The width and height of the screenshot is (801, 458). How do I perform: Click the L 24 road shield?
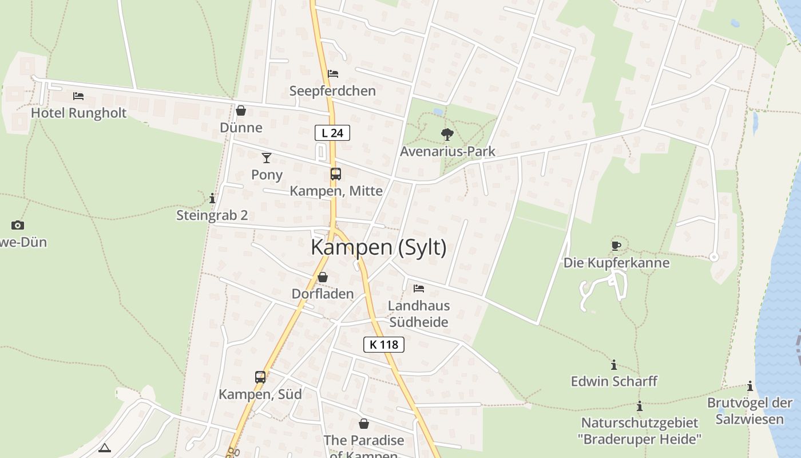[332, 133]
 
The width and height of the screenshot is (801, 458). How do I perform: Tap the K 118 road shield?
[384, 345]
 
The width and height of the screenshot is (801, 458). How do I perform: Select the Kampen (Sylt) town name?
[378, 247]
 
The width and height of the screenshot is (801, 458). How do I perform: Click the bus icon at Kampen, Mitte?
[336, 174]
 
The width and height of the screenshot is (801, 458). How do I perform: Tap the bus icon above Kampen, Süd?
[260, 377]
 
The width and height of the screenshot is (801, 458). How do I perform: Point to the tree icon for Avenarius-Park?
[447, 135]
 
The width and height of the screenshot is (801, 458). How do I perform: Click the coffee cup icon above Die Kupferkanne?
[616, 246]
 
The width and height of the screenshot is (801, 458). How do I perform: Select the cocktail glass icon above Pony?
[267, 157]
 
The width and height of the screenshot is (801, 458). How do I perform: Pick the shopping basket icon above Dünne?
[241, 110]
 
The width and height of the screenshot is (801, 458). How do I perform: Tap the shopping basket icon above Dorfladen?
[323, 277]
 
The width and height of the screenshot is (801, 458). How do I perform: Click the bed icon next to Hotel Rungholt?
[78, 96]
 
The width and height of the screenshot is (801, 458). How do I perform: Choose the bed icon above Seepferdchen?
[333, 74]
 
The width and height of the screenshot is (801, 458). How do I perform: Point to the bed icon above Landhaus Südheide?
[419, 289]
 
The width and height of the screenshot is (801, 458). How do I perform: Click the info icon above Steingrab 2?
[212, 199]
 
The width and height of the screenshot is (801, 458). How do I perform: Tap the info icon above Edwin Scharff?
[614, 365]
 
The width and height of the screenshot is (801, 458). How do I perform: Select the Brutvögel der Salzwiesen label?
[750, 410]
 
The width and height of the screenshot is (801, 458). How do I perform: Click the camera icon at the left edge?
[18, 226]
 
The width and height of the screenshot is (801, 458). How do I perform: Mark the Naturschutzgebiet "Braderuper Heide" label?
[640, 431]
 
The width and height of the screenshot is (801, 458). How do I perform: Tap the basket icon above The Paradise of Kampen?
[364, 424]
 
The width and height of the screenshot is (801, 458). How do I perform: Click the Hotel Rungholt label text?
[78, 113]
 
